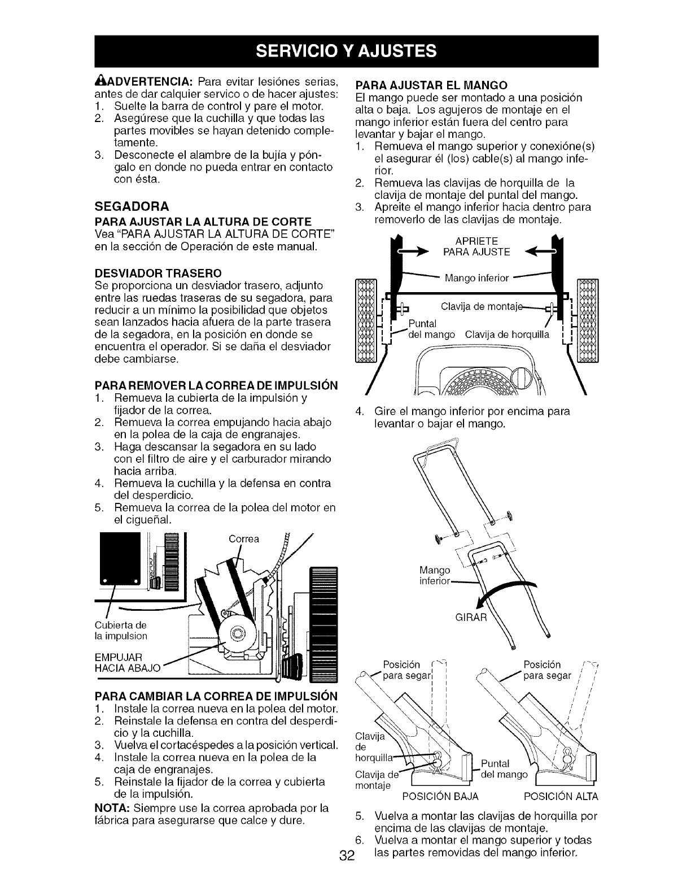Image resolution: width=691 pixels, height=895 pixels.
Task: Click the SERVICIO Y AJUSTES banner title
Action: [x=345, y=51]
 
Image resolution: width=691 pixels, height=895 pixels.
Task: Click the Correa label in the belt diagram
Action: [x=244, y=538]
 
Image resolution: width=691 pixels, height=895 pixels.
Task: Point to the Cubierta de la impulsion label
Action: [x=121, y=631]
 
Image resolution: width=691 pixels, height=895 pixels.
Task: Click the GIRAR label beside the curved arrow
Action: [x=471, y=616]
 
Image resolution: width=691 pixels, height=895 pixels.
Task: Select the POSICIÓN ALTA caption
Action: [x=561, y=797]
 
